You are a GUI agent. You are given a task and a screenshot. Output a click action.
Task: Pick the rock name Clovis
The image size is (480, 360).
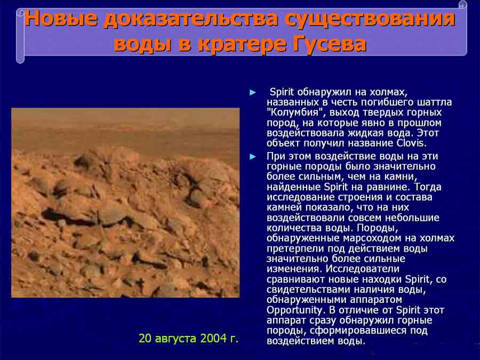(x=411, y=143)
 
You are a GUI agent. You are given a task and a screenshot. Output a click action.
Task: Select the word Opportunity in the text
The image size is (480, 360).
(x=294, y=310)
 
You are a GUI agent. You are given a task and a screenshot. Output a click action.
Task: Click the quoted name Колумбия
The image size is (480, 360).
(x=293, y=113)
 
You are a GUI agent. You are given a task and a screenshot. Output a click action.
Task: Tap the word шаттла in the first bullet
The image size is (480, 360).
(x=434, y=102)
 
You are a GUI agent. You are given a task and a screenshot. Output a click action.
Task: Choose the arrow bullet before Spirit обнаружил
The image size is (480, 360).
(x=253, y=92)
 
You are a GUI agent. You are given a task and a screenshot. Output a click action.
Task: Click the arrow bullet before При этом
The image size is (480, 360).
(x=253, y=157)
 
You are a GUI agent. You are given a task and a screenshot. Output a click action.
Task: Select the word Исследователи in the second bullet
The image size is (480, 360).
(x=362, y=269)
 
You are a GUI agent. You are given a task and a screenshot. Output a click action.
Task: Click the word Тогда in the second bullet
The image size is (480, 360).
(x=428, y=187)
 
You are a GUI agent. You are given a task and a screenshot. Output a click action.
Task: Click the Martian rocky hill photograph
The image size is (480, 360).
(x=125, y=203)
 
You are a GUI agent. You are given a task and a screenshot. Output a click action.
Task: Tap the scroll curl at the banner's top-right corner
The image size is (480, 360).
(x=462, y=4)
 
